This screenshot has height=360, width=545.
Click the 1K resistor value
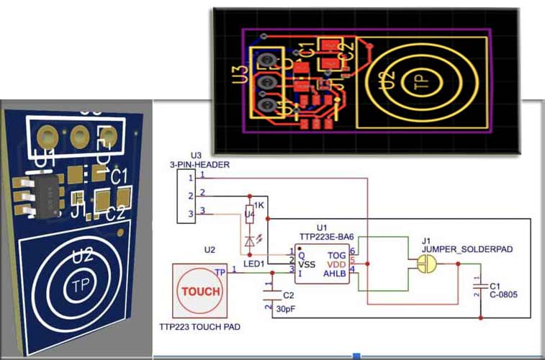click(x=260, y=207)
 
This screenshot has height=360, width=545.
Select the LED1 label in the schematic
click(x=255, y=264)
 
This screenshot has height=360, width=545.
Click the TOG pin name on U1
click(x=337, y=254)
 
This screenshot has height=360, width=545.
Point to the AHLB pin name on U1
click(x=335, y=273)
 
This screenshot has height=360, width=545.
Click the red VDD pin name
click(x=336, y=264)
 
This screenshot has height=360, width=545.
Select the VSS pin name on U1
click(x=307, y=264)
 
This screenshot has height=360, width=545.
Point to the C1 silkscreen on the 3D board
click(x=119, y=176)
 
